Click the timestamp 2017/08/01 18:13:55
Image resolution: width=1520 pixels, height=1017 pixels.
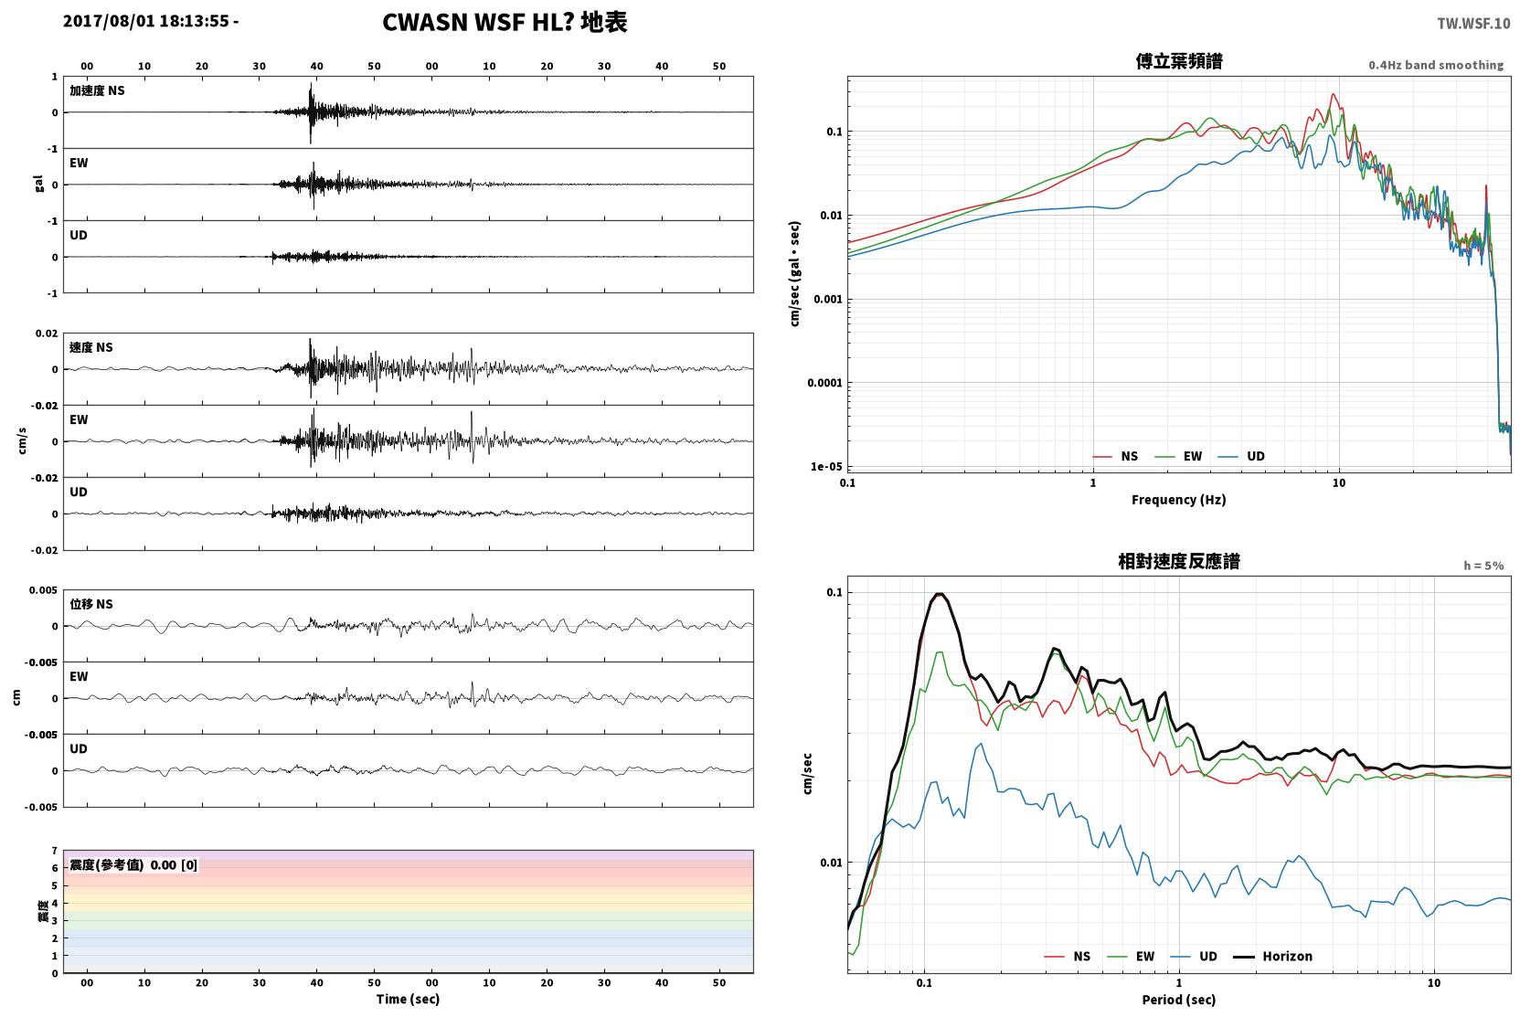coord(146,21)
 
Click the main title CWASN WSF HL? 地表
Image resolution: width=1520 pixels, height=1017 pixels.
coord(505,23)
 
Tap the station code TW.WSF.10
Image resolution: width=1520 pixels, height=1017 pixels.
coord(1473,24)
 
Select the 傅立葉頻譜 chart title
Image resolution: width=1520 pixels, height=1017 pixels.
coord(1179,62)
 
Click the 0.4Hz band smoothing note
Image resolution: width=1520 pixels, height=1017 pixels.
coord(1436,65)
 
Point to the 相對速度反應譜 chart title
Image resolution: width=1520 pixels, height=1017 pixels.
coord(1179,561)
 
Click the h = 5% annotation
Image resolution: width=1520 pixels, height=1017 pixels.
coord(1483,565)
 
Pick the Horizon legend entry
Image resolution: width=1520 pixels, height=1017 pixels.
coord(1273,956)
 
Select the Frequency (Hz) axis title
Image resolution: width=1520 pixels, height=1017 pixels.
coord(1179,500)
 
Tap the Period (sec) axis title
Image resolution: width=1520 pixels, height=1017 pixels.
coord(1179,1000)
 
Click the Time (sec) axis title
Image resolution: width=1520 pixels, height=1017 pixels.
coord(408,999)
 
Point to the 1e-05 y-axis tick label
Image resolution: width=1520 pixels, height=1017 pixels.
coord(826,466)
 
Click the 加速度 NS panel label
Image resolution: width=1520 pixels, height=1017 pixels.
coord(97,90)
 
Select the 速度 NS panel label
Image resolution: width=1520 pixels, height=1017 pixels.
coord(90,347)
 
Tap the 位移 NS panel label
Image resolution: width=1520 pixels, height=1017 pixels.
coord(90,604)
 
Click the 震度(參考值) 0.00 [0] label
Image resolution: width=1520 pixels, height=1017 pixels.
coord(133,865)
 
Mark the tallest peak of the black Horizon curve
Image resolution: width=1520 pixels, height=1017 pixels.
coord(940,594)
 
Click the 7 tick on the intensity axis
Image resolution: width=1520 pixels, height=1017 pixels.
coord(55,851)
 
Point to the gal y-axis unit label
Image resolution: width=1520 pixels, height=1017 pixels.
coord(38,184)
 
